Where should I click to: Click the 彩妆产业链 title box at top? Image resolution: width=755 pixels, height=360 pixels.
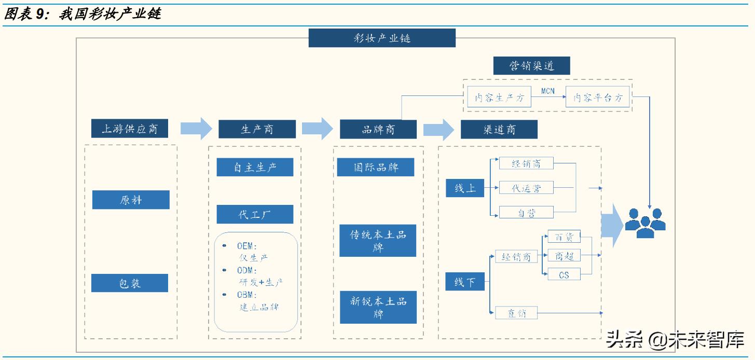coord(382,38)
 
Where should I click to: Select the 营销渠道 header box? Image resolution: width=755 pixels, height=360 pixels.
coord(531,66)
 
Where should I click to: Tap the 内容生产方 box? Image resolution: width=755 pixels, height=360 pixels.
coord(499,97)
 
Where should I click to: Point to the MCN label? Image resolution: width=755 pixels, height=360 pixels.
coord(547,91)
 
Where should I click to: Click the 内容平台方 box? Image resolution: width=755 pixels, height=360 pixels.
coord(597,97)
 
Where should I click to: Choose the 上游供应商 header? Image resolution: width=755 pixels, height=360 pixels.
coord(130,129)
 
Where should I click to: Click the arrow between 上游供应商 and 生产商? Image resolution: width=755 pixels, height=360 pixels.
coord(196,128)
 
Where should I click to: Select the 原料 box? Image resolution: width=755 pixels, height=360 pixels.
coord(131,200)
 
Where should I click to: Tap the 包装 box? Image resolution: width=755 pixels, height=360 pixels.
coord(130,283)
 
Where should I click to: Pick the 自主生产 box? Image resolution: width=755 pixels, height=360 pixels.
coord(255,168)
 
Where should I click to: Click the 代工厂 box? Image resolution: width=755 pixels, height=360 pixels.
coord(255,214)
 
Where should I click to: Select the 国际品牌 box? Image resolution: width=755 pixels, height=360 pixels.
coord(376,168)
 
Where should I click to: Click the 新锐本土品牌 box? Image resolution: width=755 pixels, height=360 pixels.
coord(378,308)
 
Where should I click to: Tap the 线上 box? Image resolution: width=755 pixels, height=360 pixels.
coord(464,188)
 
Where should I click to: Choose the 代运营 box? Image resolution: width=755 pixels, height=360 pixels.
coord(526,188)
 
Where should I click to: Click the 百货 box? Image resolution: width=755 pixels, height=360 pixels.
coord(564,237)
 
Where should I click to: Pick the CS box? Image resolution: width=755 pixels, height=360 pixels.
coord(564,274)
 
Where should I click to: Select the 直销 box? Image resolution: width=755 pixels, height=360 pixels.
coord(516,313)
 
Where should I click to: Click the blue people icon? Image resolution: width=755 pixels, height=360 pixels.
coord(645,222)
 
